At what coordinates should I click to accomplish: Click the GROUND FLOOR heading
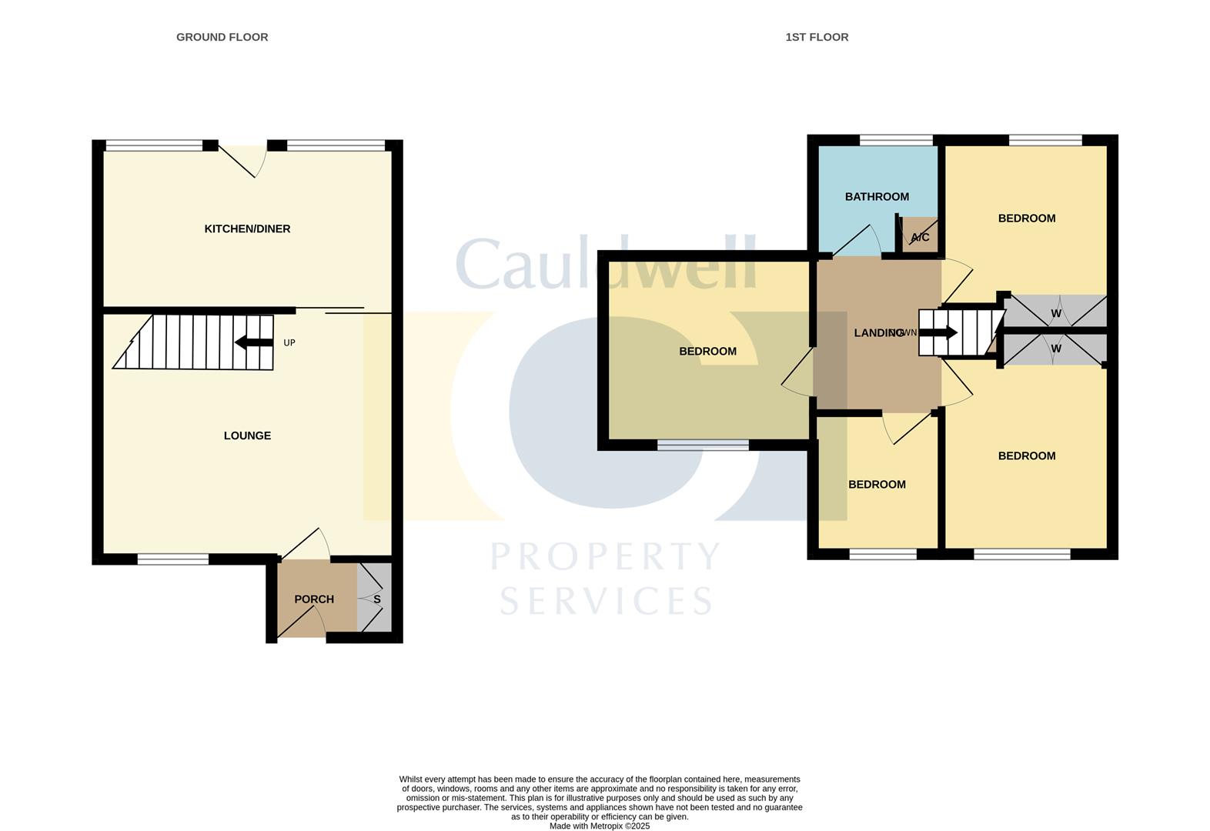coord(222,37)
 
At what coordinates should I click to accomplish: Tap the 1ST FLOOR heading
coord(817,37)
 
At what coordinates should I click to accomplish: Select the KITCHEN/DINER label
coord(247,229)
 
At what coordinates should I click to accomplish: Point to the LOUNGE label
coord(247,436)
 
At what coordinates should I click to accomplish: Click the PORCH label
coord(314,599)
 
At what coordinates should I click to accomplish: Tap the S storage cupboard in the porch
coord(374,597)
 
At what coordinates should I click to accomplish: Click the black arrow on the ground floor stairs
coord(254,342)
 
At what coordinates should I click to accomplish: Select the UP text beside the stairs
coord(289,343)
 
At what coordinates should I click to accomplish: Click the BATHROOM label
coord(877,197)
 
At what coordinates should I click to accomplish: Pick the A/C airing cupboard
coord(921,235)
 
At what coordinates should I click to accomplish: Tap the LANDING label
coord(879,333)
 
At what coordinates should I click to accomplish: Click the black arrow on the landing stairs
coord(938,332)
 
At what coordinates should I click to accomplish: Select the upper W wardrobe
coord(1055,311)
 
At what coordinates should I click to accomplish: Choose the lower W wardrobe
coord(1055,349)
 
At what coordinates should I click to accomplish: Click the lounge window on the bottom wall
coord(173,559)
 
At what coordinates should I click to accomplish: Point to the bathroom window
coord(896,140)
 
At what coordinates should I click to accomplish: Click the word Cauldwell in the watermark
coord(606,263)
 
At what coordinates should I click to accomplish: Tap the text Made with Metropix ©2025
coord(600,826)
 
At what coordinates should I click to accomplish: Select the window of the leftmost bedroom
coord(703,445)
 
